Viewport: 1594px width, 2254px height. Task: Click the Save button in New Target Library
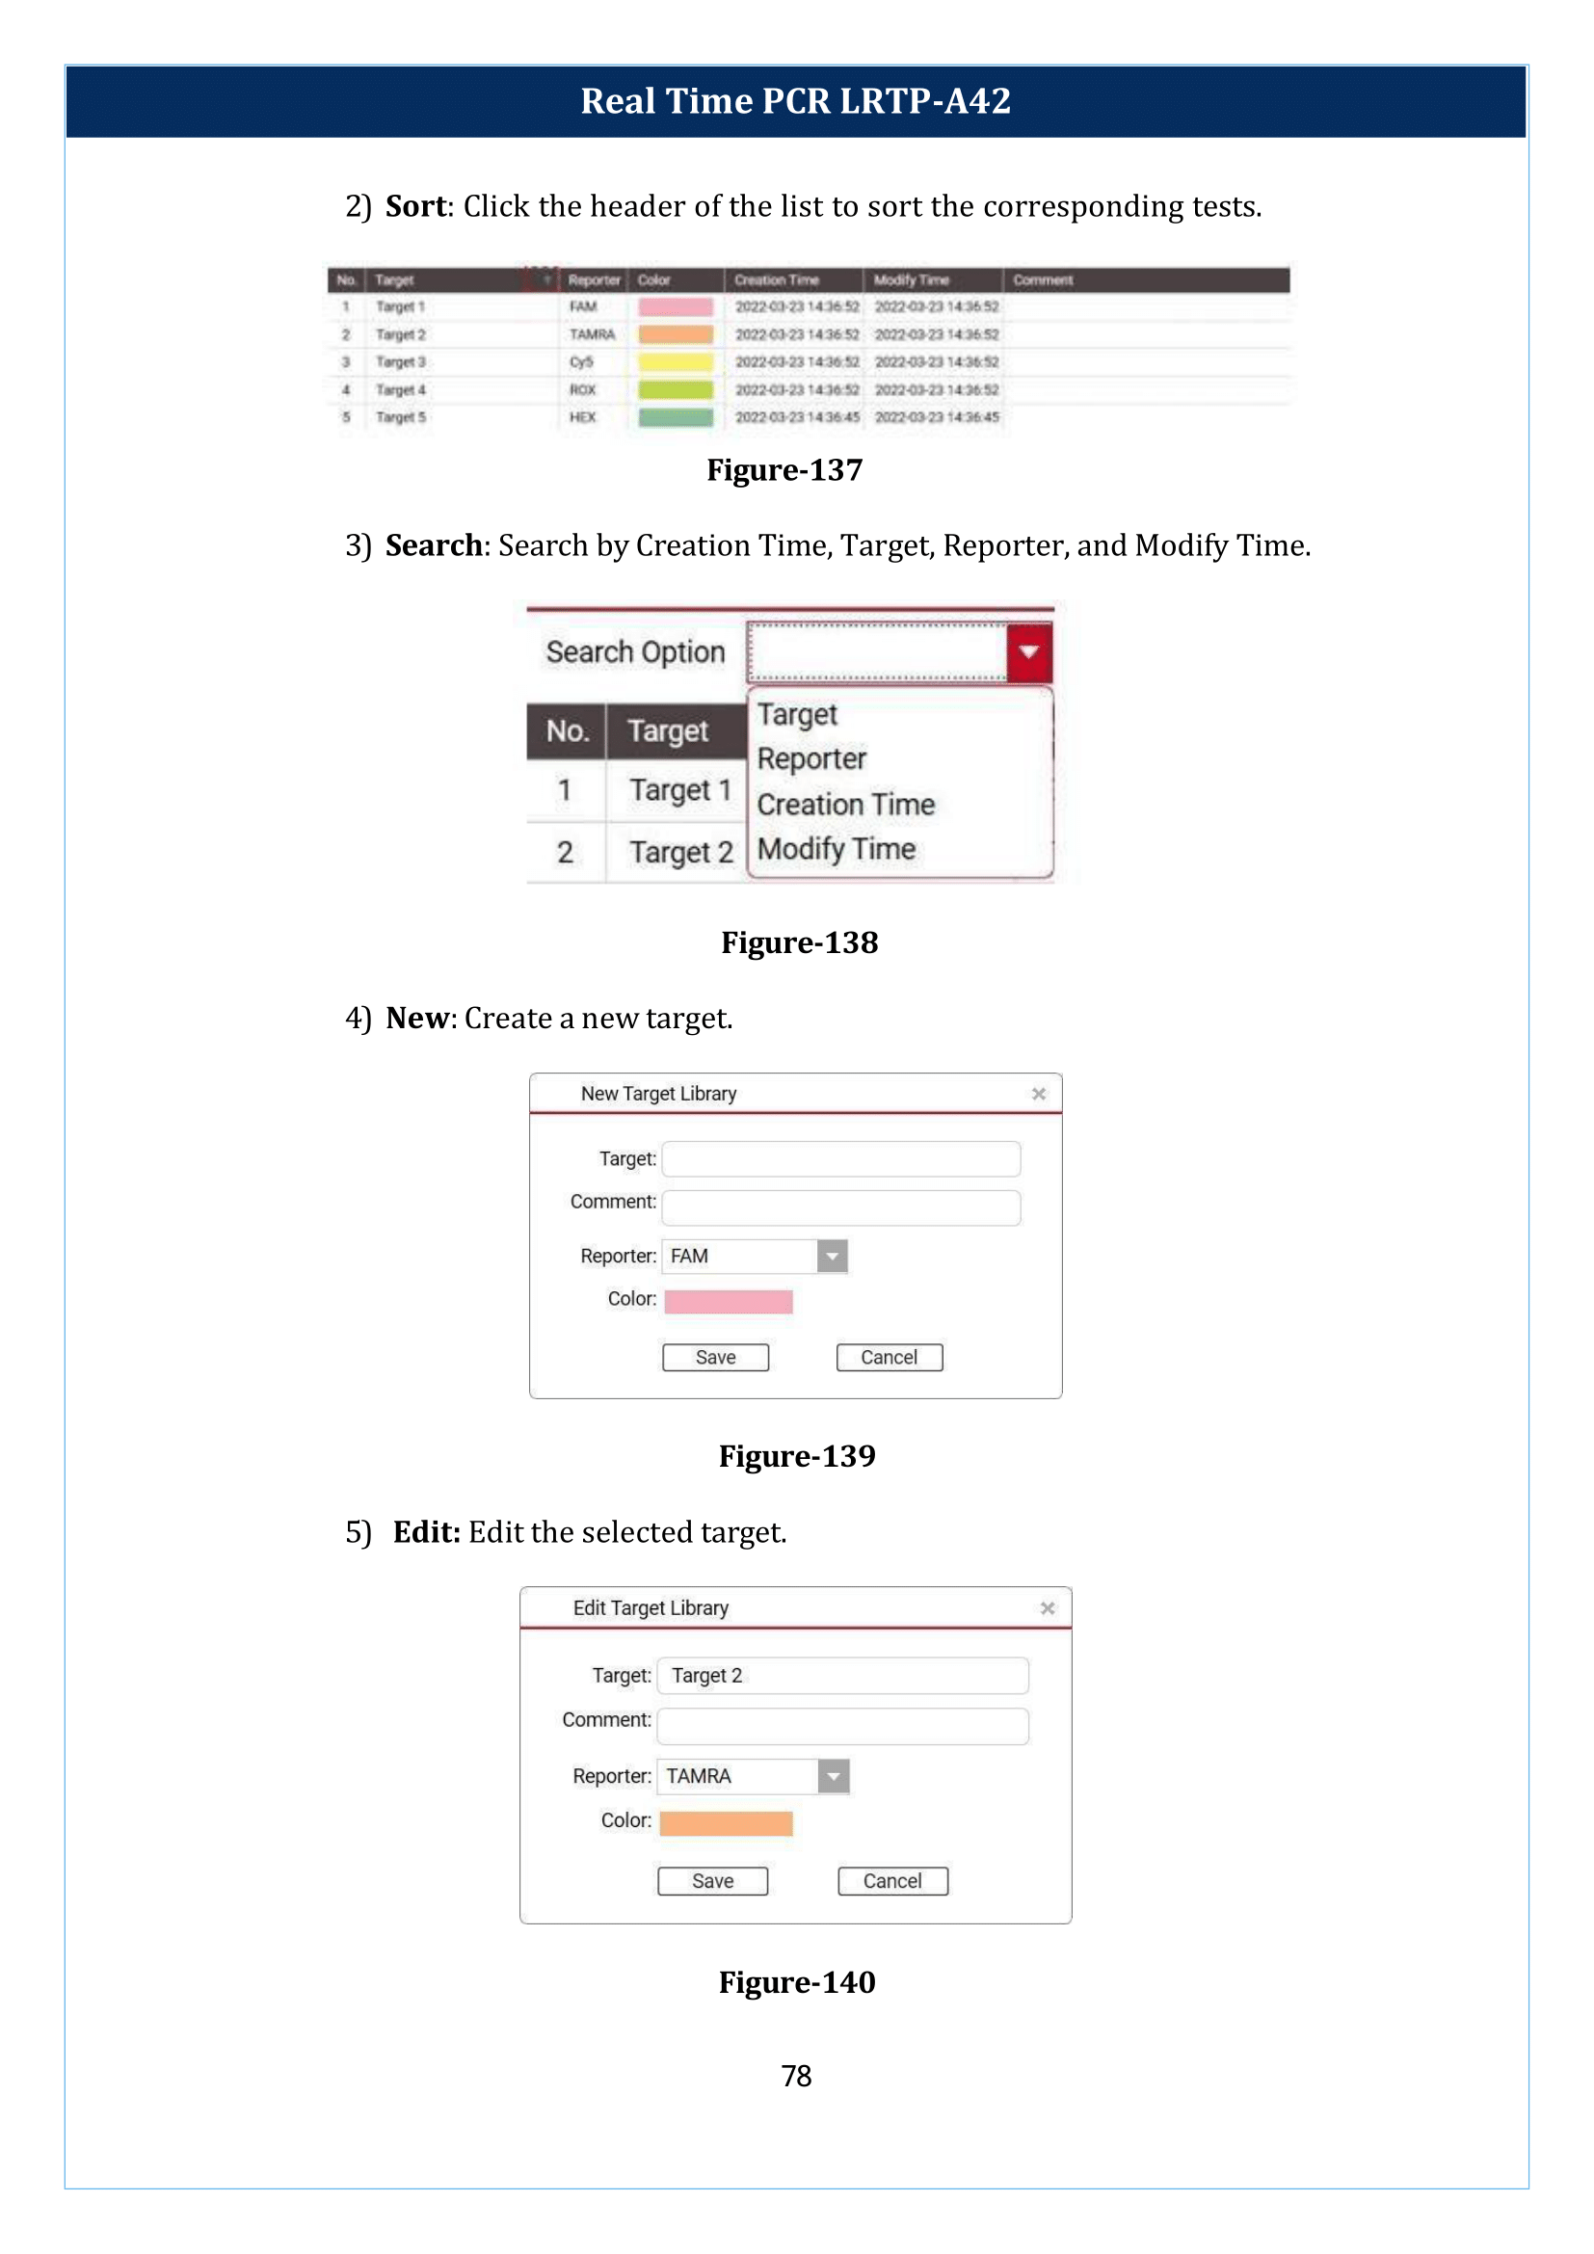[714, 1357]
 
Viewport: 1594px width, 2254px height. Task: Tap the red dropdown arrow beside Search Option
[1027, 651]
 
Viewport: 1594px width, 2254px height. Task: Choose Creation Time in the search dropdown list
[845, 804]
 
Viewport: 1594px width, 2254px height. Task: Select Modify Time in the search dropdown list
[837, 848]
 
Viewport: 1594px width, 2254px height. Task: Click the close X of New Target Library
[1039, 1094]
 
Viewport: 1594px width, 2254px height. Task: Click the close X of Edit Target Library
[1048, 1608]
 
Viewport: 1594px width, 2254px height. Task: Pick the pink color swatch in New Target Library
[728, 1301]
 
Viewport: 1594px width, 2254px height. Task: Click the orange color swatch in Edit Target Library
[726, 1823]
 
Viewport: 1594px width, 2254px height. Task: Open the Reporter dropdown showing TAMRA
[834, 1776]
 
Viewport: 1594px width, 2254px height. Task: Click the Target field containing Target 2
[842, 1676]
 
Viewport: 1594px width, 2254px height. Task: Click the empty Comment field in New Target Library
[840, 1207]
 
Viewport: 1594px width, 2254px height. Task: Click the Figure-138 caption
[799, 942]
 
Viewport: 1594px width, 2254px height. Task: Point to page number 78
[796, 2077]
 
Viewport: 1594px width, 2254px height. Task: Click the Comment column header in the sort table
[1043, 279]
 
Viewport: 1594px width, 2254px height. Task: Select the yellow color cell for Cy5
[676, 362]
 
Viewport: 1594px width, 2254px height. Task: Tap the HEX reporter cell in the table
[582, 417]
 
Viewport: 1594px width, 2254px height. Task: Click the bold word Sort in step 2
[416, 206]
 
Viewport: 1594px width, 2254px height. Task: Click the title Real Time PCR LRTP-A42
[795, 101]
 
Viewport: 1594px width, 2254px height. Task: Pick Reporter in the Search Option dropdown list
[810, 758]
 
